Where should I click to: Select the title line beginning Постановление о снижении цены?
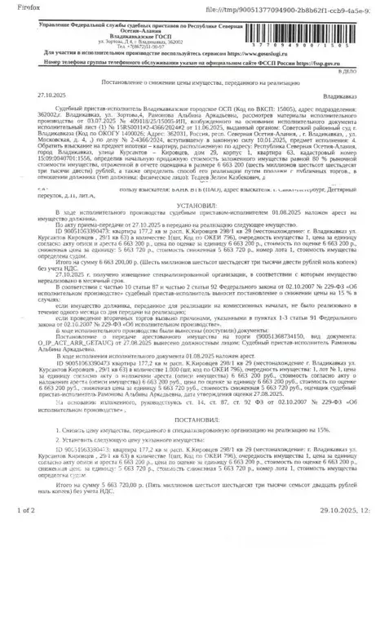[190, 84]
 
